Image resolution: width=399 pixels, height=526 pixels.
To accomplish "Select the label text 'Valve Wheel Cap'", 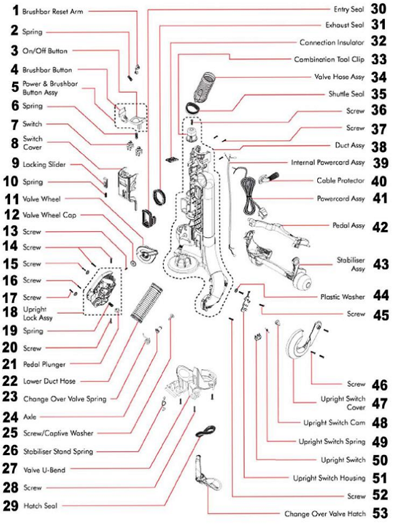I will click(45, 214).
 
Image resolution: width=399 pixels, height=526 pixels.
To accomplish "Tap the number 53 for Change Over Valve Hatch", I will click(379, 512).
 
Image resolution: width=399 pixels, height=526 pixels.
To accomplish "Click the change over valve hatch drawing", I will click(206, 476).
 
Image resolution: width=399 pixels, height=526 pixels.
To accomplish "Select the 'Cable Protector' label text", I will click(340, 181).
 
